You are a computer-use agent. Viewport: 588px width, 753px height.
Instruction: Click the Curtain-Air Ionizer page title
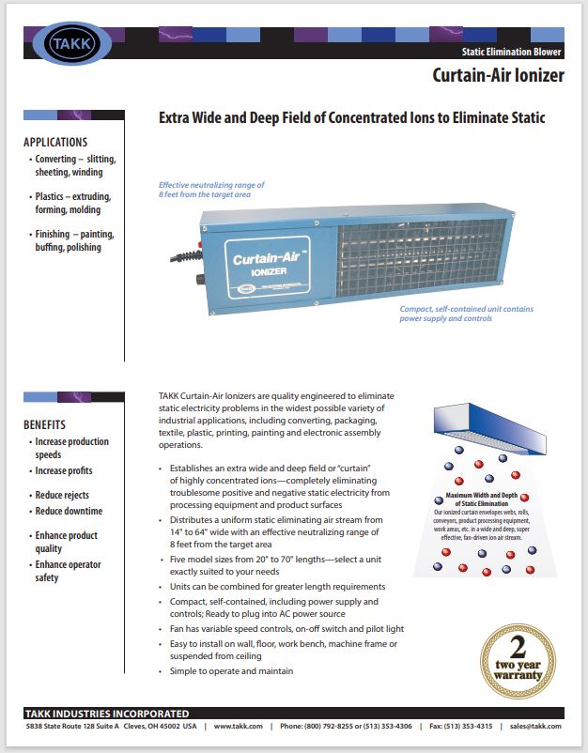[498, 75]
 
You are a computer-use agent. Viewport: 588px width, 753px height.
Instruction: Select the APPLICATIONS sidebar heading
[61, 143]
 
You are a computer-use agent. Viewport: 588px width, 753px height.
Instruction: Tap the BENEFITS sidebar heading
[45, 424]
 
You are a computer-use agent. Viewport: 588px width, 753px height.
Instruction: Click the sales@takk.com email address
[535, 726]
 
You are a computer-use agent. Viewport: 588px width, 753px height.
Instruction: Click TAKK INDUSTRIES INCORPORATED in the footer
[107, 714]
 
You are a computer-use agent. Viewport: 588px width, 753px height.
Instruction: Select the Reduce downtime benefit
[69, 511]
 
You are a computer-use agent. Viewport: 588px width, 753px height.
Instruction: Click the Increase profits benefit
[64, 470]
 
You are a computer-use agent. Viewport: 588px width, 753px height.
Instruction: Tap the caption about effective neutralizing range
[211, 191]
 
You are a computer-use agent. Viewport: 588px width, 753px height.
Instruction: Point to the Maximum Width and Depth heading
[484, 499]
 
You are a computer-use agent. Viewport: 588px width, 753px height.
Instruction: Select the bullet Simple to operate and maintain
[231, 671]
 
